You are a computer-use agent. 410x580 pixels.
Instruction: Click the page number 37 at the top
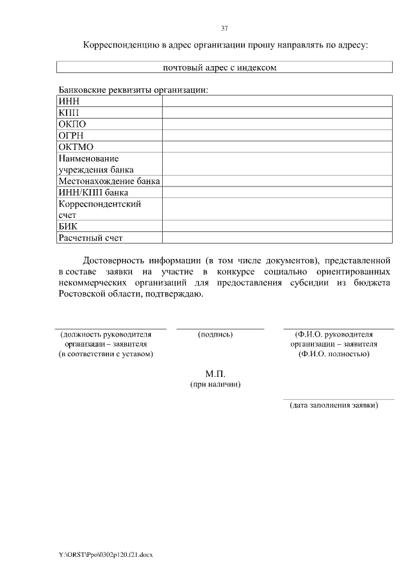224,28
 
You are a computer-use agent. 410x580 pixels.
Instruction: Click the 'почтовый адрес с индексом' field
224,67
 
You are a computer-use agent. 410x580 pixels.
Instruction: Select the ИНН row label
68,101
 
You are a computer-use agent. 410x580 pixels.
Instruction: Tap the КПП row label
68,113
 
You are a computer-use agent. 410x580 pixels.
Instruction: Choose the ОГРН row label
71,135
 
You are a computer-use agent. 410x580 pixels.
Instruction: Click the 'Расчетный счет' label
90,238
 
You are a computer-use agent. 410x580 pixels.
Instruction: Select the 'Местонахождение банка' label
109,181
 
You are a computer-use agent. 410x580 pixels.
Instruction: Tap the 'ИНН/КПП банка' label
93,192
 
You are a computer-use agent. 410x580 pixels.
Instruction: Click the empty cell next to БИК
277,226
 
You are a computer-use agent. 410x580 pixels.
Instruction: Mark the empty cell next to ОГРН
277,135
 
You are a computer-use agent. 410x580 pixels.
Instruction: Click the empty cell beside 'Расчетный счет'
277,238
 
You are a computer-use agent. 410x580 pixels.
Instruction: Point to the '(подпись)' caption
216,334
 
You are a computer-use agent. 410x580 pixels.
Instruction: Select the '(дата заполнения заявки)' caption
334,405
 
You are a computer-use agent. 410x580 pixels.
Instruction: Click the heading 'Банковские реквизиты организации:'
134,90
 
